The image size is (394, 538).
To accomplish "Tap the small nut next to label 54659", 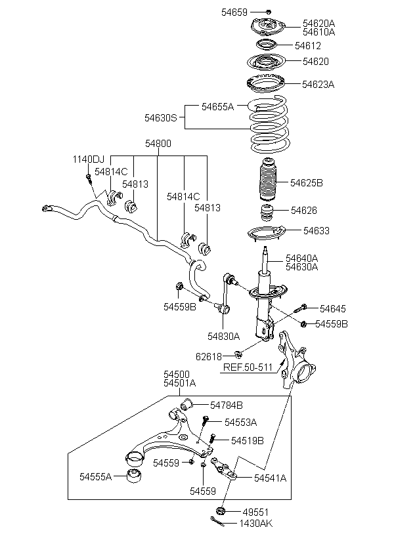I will coord(269,11).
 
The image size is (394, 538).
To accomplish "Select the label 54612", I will coord(307,46).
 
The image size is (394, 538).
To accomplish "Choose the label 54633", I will coord(317,231).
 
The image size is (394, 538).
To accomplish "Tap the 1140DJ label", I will coord(88,159).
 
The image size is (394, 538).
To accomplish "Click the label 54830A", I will coord(224,335).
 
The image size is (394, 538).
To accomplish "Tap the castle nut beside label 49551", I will coord(221,510).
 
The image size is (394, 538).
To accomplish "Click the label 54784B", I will coord(227,405).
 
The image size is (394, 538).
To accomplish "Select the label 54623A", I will coord(318,84).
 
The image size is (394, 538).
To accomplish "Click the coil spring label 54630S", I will coord(161,118).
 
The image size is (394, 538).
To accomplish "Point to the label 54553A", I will coord(240,422).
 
